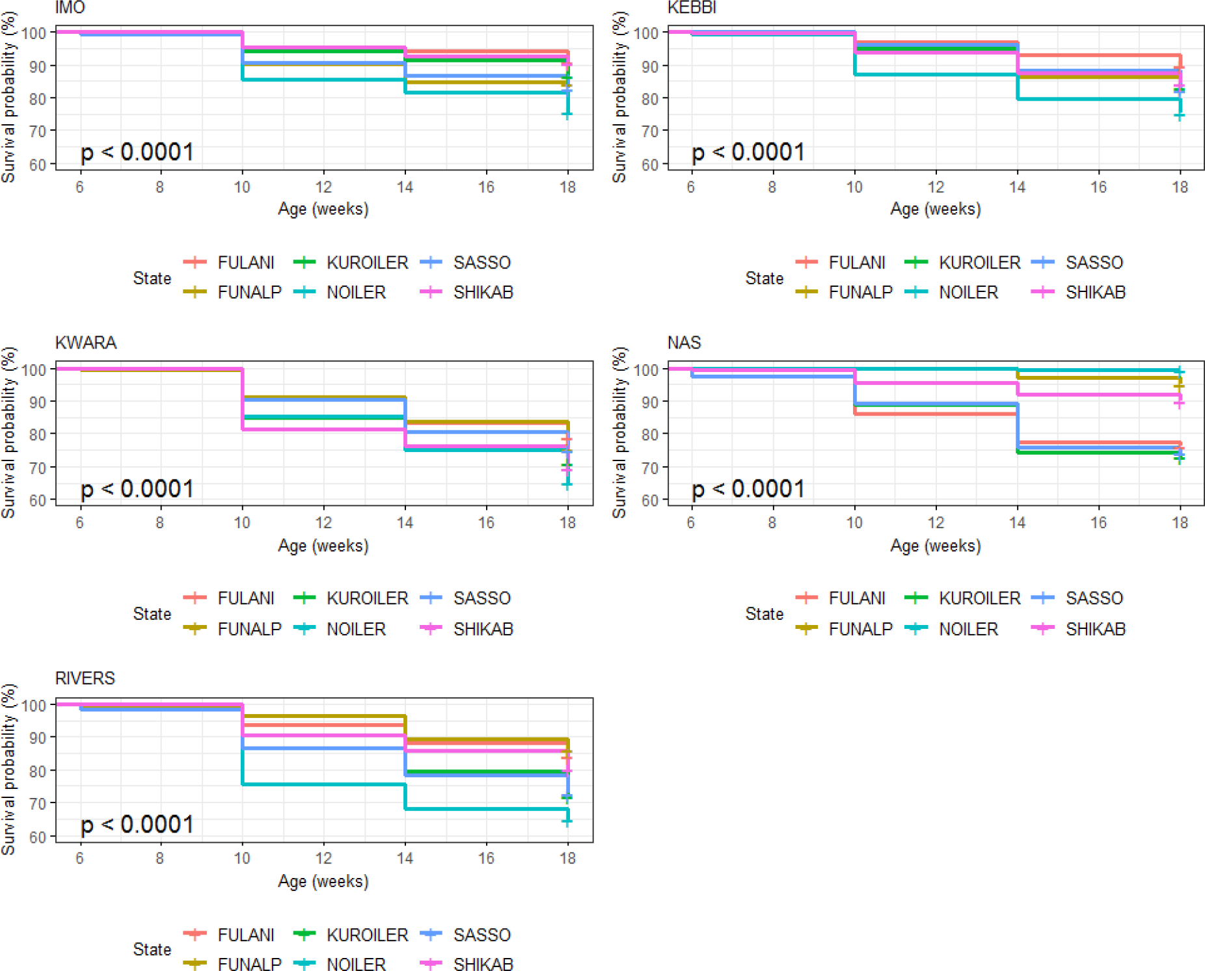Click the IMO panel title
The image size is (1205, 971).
point(70,8)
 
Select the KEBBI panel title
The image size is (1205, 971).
point(692,8)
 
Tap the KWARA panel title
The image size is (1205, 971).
point(86,343)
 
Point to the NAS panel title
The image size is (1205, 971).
point(684,343)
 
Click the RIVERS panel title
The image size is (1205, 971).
point(85,678)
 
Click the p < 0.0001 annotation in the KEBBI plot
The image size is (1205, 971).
point(748,152)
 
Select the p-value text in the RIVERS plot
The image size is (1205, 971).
point(137,825)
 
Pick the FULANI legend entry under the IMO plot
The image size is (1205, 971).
point(245,263)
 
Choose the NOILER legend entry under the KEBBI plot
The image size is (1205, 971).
point(968,293)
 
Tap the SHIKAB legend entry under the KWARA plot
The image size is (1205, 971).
point(483,629)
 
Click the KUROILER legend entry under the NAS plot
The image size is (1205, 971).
point(979,598)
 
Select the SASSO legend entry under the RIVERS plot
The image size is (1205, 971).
point(481,935)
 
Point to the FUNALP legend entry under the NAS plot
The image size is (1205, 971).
point(860,629)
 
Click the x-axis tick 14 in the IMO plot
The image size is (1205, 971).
point(405,187)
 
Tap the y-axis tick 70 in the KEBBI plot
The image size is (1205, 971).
point(650,131)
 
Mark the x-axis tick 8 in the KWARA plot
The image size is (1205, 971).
point(160,523)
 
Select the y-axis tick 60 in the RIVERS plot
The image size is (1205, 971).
point(38,836)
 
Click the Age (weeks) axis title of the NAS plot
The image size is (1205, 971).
point(935,546)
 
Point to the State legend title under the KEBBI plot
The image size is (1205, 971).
point(764,278)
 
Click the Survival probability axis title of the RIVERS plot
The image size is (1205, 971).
point(8,769)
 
